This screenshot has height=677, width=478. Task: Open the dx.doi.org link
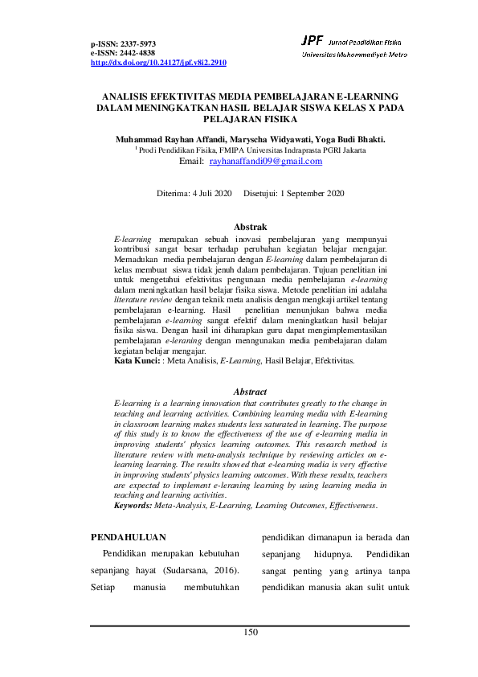(158, 62)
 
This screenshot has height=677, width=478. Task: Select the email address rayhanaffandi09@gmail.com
(265, 162)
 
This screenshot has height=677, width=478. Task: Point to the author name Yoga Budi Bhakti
(352, 138)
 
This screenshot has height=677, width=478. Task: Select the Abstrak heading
(249, 228)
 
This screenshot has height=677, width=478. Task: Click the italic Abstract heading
(249, 392)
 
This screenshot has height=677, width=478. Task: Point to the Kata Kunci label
(137, 362)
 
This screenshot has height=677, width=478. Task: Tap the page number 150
(251, 633)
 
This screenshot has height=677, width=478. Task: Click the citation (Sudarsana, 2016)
(198, 569)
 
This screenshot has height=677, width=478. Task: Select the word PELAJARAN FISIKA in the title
(250, 117)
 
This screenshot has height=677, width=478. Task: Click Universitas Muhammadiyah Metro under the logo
(353, 54)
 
